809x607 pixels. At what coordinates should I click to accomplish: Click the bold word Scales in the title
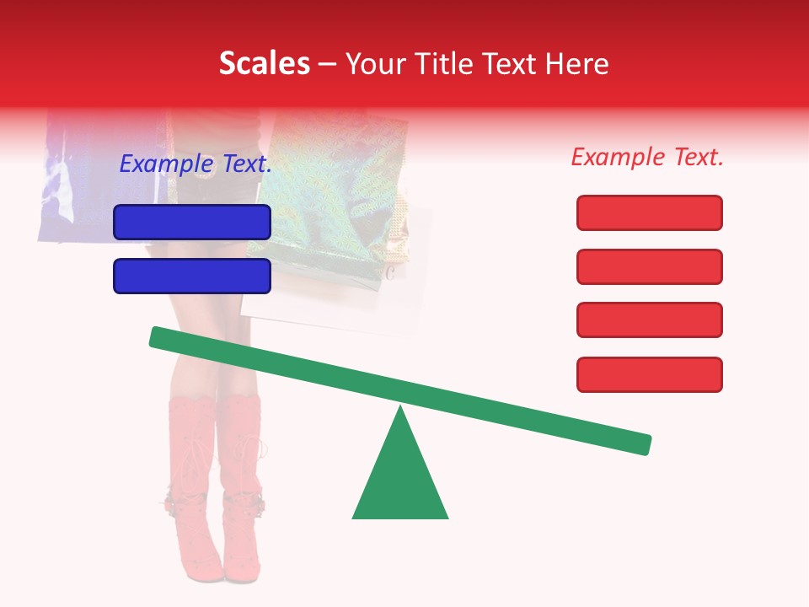point(264,63)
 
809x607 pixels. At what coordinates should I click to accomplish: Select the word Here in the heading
point(576,63)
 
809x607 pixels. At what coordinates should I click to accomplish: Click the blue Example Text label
point(196,164)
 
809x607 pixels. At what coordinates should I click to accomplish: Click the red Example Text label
point(647,157)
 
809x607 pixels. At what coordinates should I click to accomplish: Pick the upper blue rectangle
point(192,222)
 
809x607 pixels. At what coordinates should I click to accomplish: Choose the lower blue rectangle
point(192,276)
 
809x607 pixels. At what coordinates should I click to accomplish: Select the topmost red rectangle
point(649,212)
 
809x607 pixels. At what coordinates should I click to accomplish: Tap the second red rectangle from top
point(649,266)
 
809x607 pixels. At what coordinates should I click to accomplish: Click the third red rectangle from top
point(649,320)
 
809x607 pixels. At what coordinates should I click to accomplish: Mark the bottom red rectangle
point(649,374)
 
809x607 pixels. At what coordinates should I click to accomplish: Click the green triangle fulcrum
point(400,481)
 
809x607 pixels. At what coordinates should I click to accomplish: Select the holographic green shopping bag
point(329,185)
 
